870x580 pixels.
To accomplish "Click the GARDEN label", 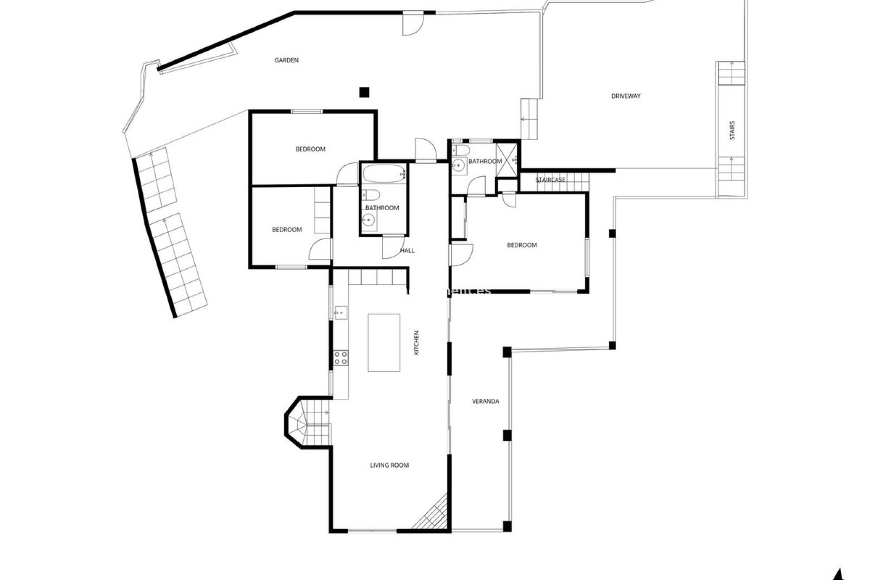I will pos(286,60).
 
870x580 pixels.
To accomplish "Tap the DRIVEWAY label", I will pos(626,96).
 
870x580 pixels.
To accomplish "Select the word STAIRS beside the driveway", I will pos(732,130).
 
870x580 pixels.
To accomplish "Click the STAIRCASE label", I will pos(550,180).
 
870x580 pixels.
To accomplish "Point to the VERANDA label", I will pos(485,401).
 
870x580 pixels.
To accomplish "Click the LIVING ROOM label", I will pos(389,465).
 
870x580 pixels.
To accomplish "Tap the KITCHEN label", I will pos(416,343).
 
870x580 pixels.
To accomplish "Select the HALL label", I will pos(407,251).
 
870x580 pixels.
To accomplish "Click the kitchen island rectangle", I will pos(384,343).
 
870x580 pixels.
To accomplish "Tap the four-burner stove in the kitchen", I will pos(340,358).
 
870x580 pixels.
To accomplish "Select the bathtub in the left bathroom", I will pos(384,173).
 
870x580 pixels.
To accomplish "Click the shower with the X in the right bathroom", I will pos(507,159).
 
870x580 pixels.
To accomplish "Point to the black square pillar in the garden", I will pos(364,92).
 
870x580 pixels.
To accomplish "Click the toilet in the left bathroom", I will pos(371,195).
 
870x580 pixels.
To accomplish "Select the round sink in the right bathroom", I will pos(459,166).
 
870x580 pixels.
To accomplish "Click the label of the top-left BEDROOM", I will pos(310,149).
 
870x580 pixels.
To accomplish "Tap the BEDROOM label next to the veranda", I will pos(522,245).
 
